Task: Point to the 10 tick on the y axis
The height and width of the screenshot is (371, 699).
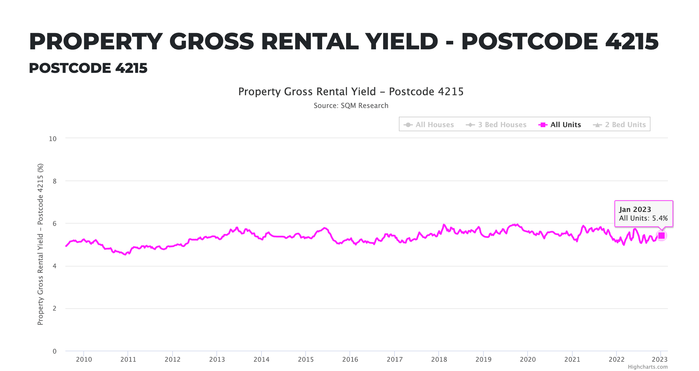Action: coord(53,139)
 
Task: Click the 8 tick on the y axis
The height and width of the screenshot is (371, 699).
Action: coord(55,181)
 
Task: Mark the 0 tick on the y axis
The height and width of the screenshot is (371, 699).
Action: coord(55,351)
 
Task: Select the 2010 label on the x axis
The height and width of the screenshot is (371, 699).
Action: coord(84,359)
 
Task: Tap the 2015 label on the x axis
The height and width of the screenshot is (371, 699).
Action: coord(306,359)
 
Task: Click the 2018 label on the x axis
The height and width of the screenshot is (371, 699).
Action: coord(439,359)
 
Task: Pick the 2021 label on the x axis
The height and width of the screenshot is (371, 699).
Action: coord(572,359)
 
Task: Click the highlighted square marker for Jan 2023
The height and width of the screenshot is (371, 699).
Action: coord(662,235)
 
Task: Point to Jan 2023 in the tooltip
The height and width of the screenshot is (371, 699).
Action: coord(635,209)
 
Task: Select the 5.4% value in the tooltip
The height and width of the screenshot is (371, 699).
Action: coord(660,218)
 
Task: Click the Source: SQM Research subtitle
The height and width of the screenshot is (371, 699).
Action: coord(351,105)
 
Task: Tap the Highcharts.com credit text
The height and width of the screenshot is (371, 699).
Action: coord(648,367)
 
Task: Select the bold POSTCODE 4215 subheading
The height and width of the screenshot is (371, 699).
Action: coord(88,68)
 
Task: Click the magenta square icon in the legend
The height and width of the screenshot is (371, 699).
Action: coord(542,125)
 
